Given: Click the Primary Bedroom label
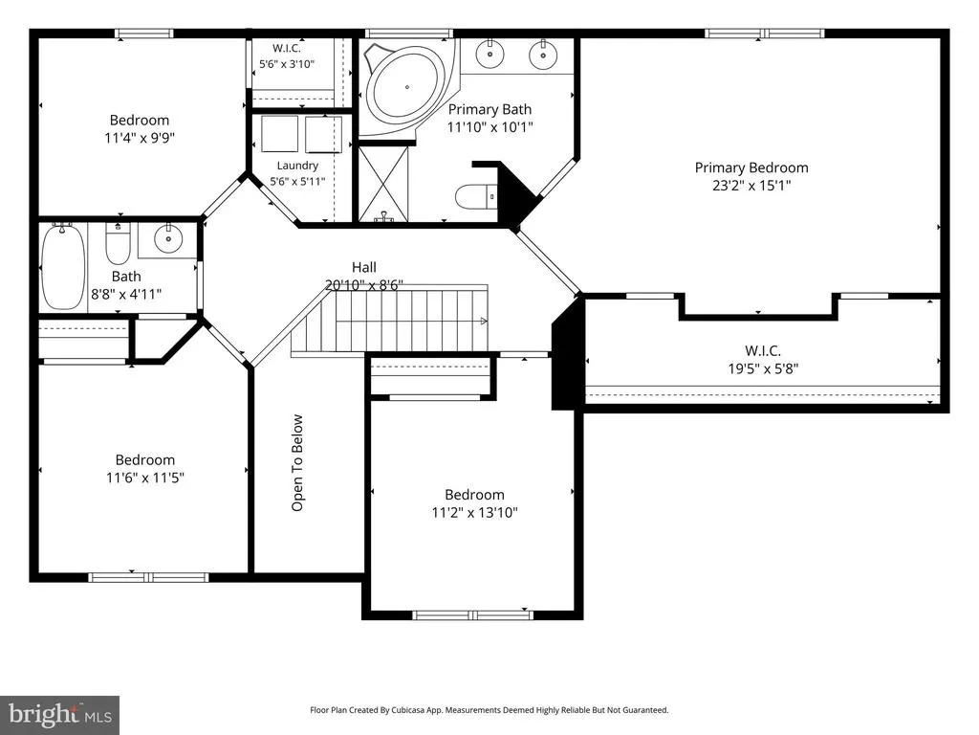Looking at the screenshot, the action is click(x=751, y=167).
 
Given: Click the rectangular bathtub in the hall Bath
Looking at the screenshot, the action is click(x=63, y=268).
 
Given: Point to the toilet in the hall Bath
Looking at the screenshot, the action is click(x=117, y=244).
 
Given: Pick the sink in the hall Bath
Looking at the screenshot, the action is click(x=167, y=238).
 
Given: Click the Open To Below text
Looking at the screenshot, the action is click(x=297, y=463).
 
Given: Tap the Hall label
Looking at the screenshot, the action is click(x=364, y=268).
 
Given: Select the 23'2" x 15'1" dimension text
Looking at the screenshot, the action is click(x=751, y=186).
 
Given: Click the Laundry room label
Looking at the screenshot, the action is click(x=297, y=166).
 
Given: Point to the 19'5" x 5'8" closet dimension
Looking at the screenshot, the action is click(x=763, y=368).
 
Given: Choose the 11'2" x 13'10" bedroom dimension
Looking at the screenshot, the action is click(x=474, y=513).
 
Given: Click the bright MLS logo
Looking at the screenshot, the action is click(x=60, y=714).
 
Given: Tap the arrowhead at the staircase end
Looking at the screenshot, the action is click(x=484, y=322).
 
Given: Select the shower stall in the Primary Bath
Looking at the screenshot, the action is click(x=383, y=184).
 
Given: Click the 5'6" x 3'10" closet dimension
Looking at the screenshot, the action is click(x=287, y=64).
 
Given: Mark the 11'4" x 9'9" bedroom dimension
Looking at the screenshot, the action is click(x=140, y=138).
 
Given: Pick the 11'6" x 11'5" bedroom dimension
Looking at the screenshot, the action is click(x=145, y=479).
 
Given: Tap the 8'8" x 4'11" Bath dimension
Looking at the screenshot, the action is click(x=126, y=294).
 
